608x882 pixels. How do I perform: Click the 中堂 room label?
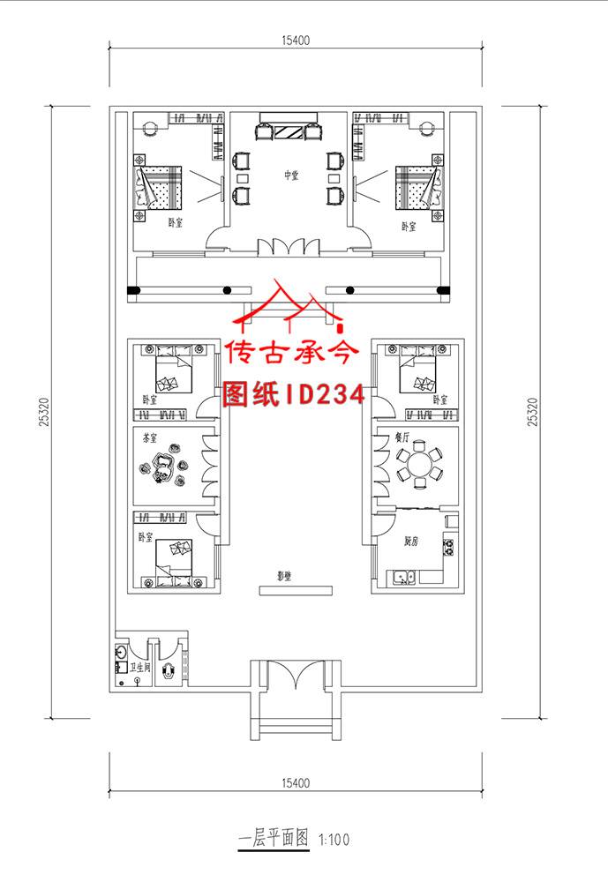coord(290,175)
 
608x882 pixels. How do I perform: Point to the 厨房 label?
coord(410,541)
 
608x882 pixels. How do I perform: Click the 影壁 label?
coord(284,576)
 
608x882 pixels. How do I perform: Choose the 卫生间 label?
coord(140,668)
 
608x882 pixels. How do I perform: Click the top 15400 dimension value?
coord(296,41)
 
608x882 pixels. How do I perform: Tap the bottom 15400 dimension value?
coord(296,782)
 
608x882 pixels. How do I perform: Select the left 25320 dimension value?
coord(43,410)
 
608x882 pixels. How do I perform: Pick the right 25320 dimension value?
coord(531,410)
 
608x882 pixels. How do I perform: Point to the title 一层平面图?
coord(274,840)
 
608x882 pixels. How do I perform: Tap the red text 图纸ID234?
coord(294,393)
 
